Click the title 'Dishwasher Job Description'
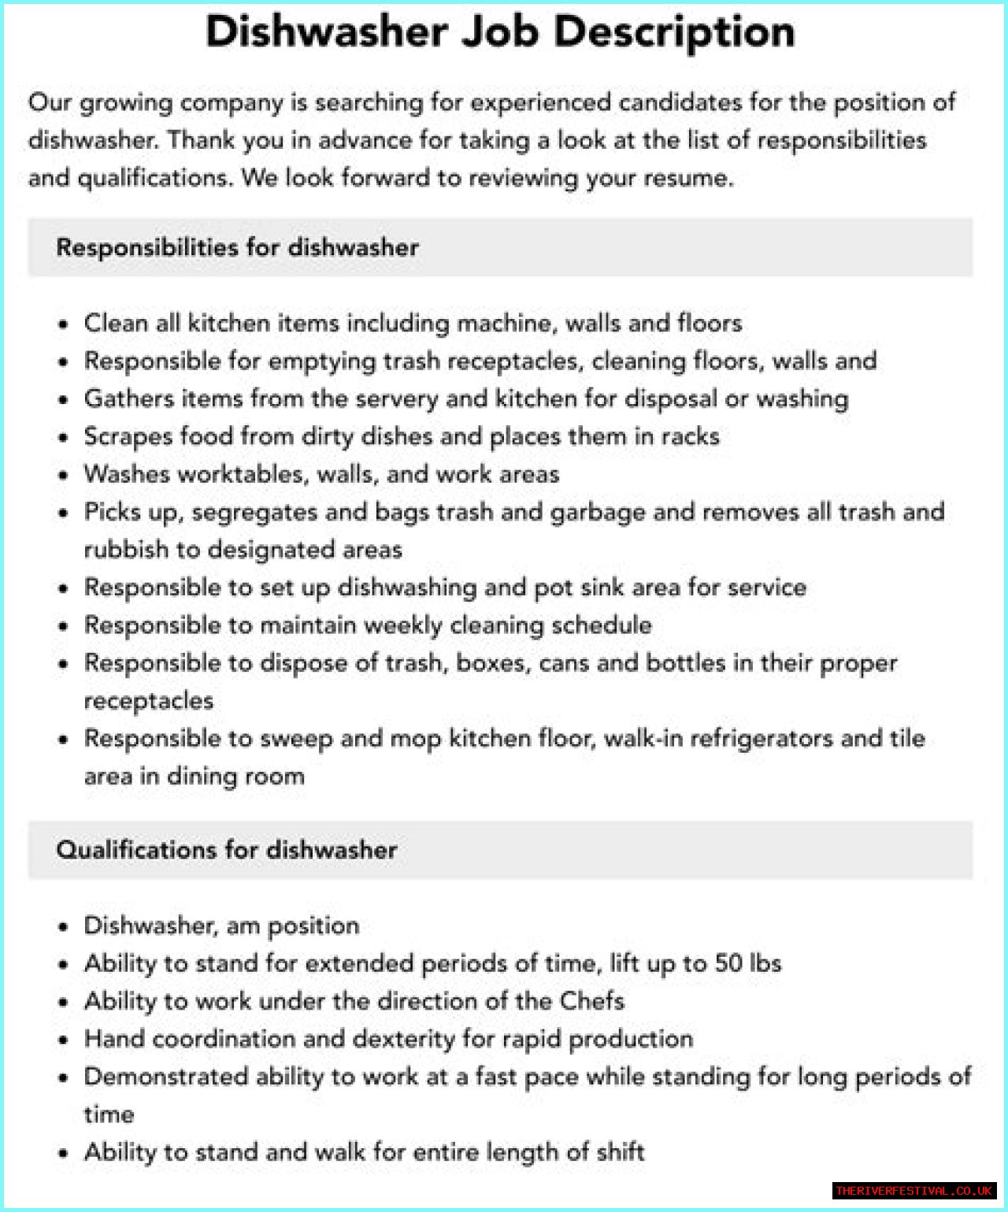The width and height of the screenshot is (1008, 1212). (500, 33)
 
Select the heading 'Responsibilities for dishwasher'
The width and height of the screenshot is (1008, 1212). (237, 247)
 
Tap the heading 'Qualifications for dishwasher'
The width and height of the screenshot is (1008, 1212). (227, 850)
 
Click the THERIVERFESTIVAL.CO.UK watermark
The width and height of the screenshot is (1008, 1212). (913, 1191)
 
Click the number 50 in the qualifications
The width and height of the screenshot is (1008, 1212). (728, 963)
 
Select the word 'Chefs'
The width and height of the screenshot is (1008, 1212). (592, 1001)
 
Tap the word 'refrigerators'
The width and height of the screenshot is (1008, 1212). (754, 739)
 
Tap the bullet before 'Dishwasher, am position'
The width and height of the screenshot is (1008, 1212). (64, 927)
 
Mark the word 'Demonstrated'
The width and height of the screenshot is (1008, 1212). (166, 1077)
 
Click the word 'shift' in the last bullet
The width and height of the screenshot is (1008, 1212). (621, 1152)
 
